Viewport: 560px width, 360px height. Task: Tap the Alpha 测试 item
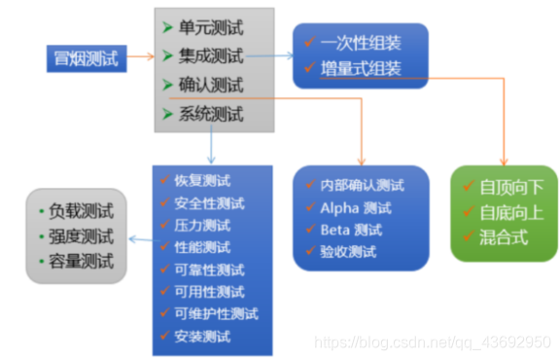point(356,207)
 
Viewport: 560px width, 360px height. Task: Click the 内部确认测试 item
point(362,185)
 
